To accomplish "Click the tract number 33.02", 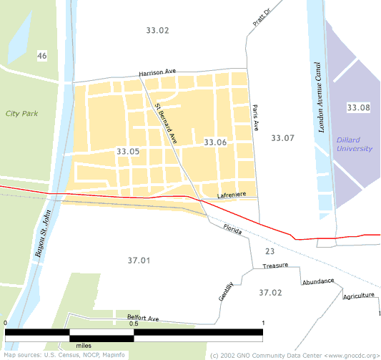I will pyautogui.click(x=157, y=30).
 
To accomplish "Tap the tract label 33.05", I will pyautogui.click(x=127, y=152).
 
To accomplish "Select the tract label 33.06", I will pyautogui.click(x=215, y=142).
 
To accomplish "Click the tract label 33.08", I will pyautogui.click(x=359, y=107).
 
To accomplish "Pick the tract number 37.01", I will pyautogui.click(x=139, y=260).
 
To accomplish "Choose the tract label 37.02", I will pyautogui.click(x=270, y=293).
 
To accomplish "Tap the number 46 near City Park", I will pyautogui.click(x=42, y=56).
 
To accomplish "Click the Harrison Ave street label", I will pyautogui.click(x=157, y=73).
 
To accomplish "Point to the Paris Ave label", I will pyautogui.click(x=255, y=117).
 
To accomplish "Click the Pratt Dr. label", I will pyautogui.click(x=262, y=18).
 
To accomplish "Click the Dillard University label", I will pyautogui.click(x=355, y=144).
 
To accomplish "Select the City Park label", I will pyautogui.click(x=21, y=113).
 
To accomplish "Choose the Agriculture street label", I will pyautogui.click(x=359, y=296).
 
